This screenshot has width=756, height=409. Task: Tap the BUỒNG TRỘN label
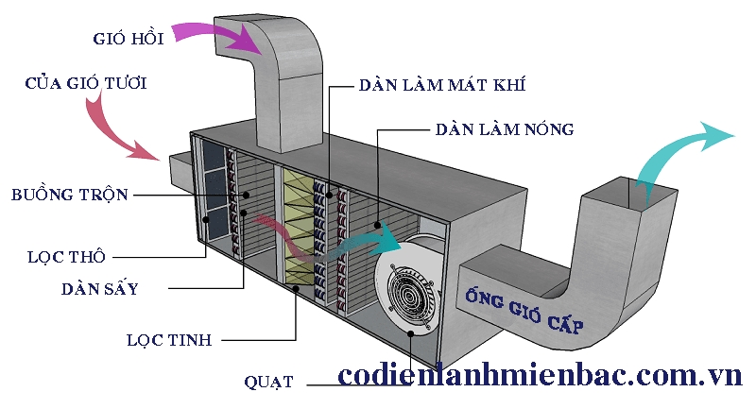coord(69,196)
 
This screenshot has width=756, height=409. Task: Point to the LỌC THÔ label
coord(65,255)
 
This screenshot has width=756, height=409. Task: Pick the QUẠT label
coord(268,382)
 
